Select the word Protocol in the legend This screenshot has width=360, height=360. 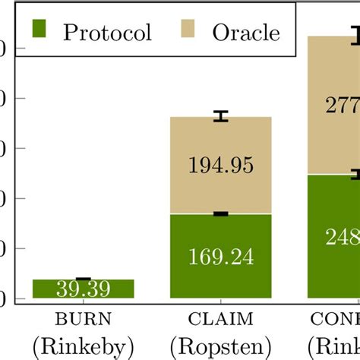tap(107, 33)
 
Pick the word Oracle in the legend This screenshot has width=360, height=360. tap(245, 33)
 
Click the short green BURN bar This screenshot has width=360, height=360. tap(84, 289)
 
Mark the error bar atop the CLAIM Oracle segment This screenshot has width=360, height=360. tap(220, 116)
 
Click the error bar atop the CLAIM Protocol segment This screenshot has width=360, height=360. tap(220, 213)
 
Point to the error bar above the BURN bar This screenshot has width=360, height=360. tap(84, 279)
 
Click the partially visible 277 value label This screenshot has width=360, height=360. tap(342, 106)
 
